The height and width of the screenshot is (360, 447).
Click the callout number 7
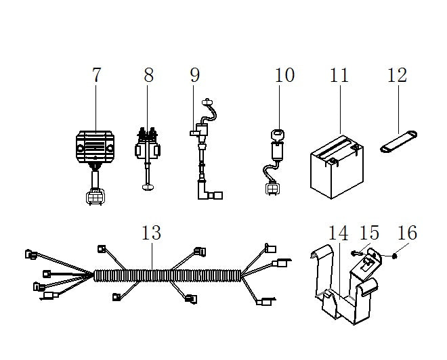97,75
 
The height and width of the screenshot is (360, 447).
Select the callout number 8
148,75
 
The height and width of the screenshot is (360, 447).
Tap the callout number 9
195,75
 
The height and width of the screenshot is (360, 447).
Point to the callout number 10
284,75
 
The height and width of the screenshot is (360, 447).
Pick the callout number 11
339,75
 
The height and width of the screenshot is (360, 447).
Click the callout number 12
397,75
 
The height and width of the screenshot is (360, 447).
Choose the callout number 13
152,232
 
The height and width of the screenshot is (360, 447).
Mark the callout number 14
339,233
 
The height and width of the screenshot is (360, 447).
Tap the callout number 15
370,232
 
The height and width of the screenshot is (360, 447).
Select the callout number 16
407,232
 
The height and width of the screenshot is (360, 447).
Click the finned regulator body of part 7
95,147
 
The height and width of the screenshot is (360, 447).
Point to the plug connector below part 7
95,197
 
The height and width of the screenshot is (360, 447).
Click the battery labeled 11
337,166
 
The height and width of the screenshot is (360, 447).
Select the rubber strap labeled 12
398,141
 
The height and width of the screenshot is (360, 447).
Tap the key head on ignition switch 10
278,135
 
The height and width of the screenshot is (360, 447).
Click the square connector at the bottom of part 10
272,189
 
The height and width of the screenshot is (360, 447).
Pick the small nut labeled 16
395,256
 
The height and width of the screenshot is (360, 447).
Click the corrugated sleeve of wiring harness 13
168,275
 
